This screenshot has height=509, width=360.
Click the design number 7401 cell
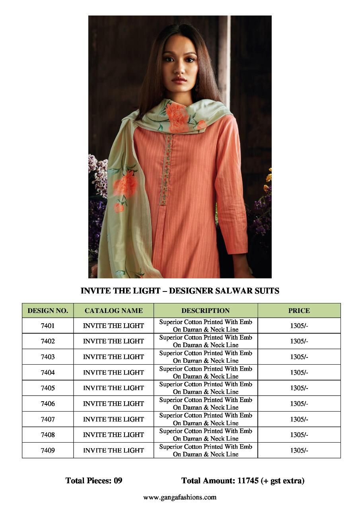[x=48, y=326]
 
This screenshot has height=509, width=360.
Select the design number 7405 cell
[x=48, y=388]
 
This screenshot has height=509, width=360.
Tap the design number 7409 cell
[x=48, y=451]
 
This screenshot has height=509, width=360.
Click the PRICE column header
[x=299, y=311]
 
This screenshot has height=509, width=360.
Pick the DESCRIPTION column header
[x=205, y=311]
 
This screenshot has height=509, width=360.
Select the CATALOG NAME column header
[x=113, y=311]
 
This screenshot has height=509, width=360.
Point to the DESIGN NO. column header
[x=48, y=311]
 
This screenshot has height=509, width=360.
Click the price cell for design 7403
[x=299, y=357]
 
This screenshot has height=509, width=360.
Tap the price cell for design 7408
[x=299, y=435]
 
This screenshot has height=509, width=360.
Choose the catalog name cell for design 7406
[x=113, y=404]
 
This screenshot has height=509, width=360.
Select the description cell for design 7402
[x=205, y=341]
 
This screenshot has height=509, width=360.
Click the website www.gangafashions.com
[x=180, y=497]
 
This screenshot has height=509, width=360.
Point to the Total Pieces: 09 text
[x=94, y=481]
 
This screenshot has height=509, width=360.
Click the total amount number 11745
[x=248, y=481]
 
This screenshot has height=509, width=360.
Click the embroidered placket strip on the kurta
[x=166, y=169]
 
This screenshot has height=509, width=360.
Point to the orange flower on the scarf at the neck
[x=177, y=116]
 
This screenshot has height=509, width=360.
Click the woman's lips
[x=179, y=80]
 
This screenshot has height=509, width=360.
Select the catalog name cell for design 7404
[x=113, y=373]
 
